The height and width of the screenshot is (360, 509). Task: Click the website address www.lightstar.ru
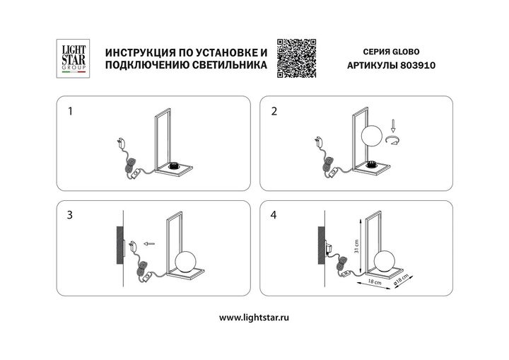(254, 318)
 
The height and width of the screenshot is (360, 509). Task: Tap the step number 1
(70, 112)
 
